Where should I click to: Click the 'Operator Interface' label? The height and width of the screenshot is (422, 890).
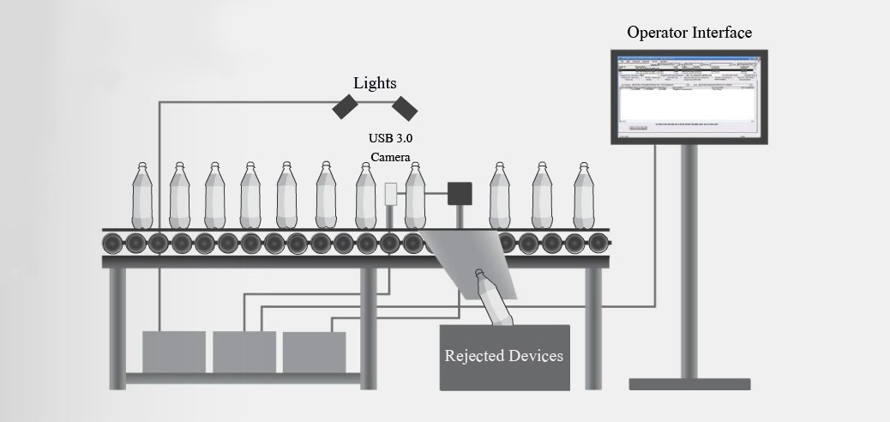(x=689, y=33)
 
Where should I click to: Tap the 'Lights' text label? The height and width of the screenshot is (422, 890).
(x=375, y=83)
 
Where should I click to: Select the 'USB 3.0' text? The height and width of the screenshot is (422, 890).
(x=390, y=138)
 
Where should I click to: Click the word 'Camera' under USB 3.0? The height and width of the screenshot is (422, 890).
(x=390, y=157)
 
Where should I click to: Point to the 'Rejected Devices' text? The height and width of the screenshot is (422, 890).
(x=504, y=355)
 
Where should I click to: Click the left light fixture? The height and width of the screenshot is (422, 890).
(x=346, y=107)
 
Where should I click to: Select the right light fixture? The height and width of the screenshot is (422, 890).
(x=405, y=107)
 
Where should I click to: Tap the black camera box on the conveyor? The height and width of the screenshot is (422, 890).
(x=460, y=194)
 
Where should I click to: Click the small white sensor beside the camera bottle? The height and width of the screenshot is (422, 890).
(x=391, y=195)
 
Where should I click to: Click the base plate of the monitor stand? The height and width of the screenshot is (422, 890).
(x=689, y=383)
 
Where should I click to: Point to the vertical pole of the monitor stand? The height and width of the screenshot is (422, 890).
(x=689, y=257)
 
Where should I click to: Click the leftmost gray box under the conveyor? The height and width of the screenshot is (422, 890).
(x=174, y=352)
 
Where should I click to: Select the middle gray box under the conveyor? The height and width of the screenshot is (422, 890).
(x=244, y=352)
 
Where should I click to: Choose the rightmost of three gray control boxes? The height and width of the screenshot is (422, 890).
(x=314, y=352)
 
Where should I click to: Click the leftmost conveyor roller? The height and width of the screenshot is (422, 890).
(x=113, y=244)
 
